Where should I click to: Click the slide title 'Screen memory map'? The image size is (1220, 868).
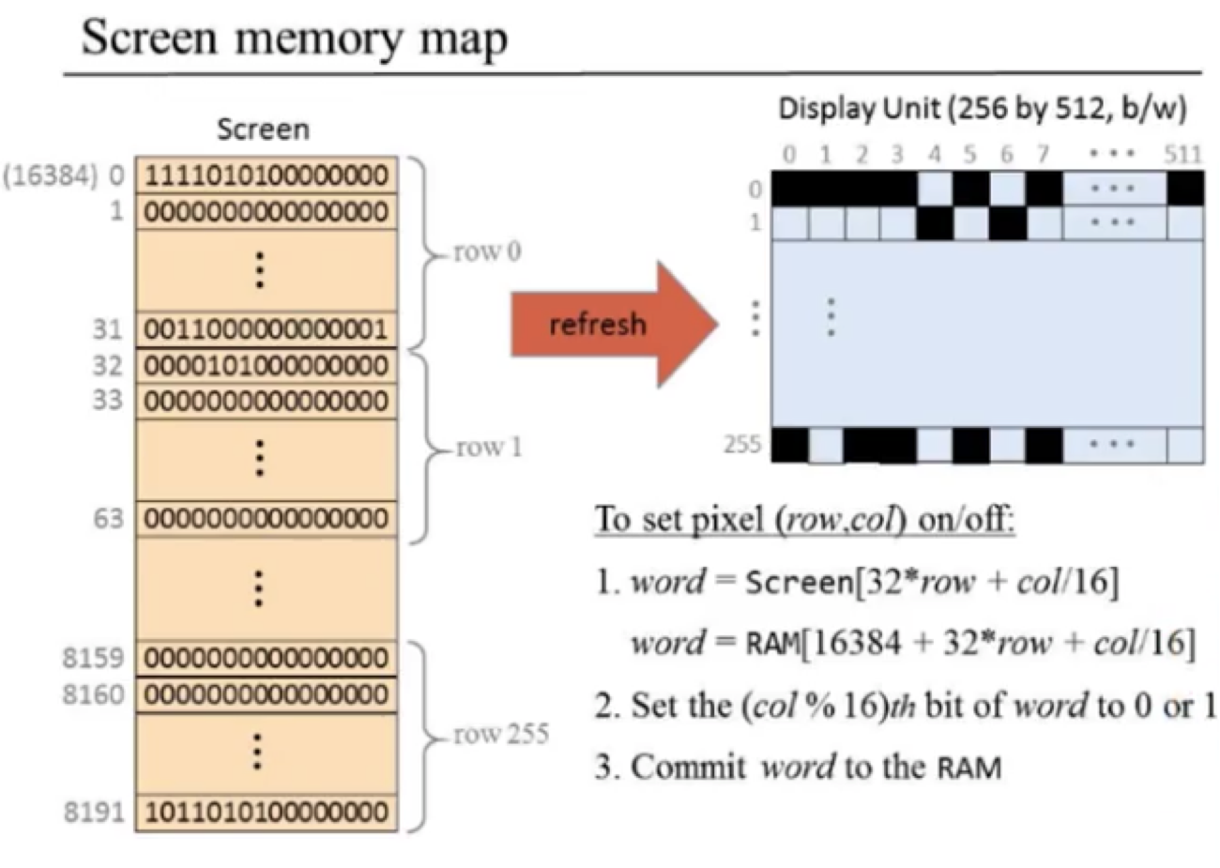tap(295, 38)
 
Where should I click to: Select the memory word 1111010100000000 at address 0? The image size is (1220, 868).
tap(267, 175)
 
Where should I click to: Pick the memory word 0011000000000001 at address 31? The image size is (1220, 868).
tap(267, 329)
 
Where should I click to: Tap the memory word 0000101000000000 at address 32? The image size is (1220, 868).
tap(267, 365)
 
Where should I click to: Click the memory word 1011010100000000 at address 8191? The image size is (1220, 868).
tap(267, 812)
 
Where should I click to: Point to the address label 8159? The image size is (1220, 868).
tap(93, 658)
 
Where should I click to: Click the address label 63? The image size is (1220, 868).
tap(107, 518)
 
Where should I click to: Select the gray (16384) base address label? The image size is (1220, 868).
tap(51, 175)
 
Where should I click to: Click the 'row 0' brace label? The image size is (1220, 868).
tap(486, 252)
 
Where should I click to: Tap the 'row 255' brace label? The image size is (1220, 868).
tap(500, 734)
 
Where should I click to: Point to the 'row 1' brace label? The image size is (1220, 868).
tap(488, 448)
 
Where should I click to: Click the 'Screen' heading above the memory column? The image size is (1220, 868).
tap(263, 129)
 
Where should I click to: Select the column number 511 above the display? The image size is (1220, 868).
tap(1182, 154)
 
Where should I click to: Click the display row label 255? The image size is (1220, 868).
tap(741, 444)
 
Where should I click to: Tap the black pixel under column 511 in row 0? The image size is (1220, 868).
tap(1185, 189)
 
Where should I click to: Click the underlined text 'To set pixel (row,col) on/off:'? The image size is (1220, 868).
tap(804, 519)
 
